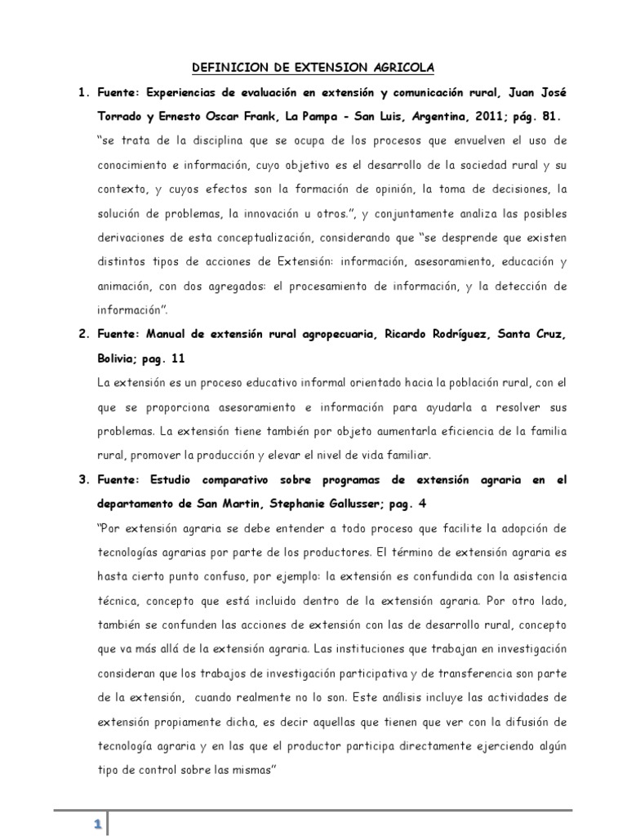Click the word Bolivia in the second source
point(120,359)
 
